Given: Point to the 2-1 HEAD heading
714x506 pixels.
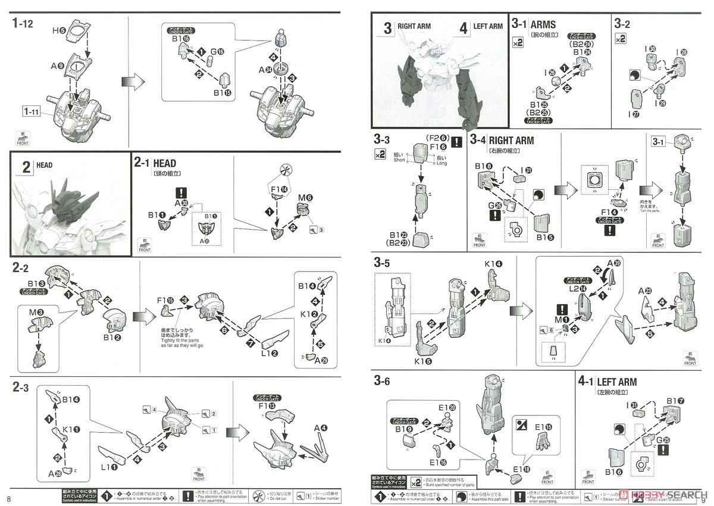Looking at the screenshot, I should [x=155, y=163].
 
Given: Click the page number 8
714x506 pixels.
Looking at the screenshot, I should [x=8, y=498].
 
